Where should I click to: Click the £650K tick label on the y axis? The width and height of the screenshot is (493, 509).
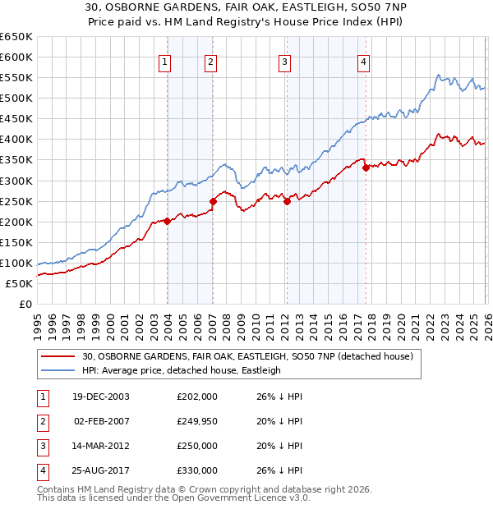point(16,37)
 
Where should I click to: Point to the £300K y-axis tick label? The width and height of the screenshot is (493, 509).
point(16,181)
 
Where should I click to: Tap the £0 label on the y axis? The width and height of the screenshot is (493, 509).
point(25,304)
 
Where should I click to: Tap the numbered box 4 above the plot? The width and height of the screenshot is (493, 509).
point(363,62)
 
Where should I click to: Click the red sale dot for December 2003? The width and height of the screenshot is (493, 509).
point(167,221)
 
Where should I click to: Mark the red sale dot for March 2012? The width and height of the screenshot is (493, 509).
point(287,201)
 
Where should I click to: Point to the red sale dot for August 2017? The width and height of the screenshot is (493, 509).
point(366,168)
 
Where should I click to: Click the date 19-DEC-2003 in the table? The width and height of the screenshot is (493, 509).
point(101,397)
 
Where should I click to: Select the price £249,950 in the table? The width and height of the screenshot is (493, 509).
point(197,421)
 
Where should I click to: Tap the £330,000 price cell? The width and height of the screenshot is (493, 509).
point(197,470)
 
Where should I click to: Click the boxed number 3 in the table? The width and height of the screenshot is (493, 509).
point(40,446)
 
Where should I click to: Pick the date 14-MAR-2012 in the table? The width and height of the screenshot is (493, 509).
point(101,446)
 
